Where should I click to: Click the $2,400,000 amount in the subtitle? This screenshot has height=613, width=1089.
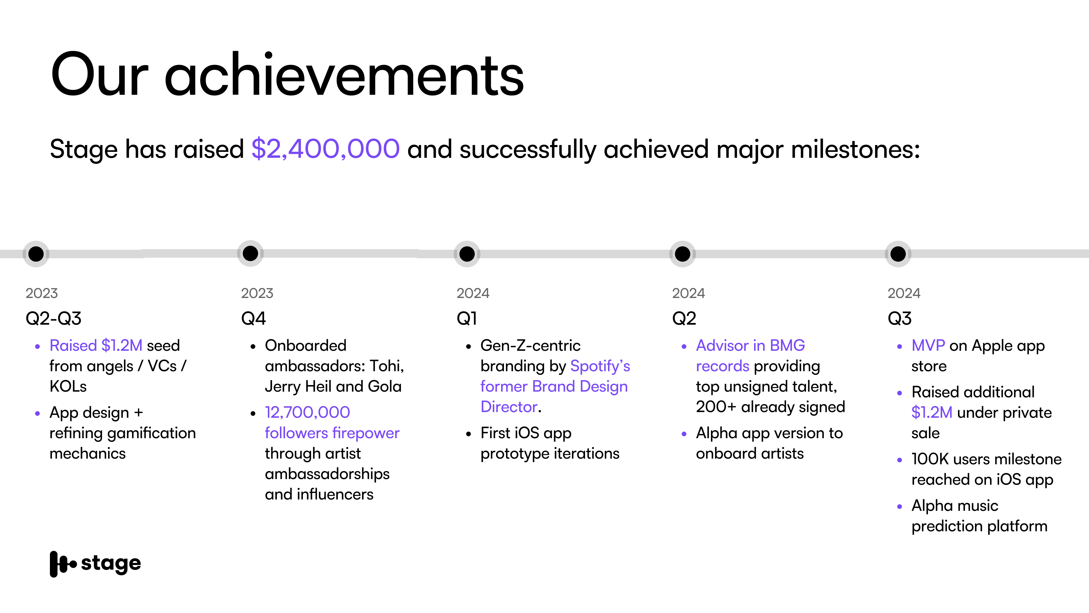[x=326, y=149]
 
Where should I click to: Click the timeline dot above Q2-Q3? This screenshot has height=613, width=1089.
[x=36, y=254]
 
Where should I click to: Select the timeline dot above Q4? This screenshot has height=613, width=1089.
[x=250, y=253]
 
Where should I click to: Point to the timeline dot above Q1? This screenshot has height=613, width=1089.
[x=467, y=254]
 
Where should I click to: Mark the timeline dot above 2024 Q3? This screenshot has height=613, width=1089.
[x=898, y=254]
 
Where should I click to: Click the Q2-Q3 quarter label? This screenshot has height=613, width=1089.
[x=53, y=318]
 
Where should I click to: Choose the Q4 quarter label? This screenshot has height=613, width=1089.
[x=253, y=318]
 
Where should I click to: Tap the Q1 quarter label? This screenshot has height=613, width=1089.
[x=467, y=318]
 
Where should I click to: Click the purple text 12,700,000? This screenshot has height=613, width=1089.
[x=307, y=412]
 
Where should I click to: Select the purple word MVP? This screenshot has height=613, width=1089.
[x=928, y=346]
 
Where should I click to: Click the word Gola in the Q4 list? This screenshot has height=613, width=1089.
[x=385, y=387]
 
